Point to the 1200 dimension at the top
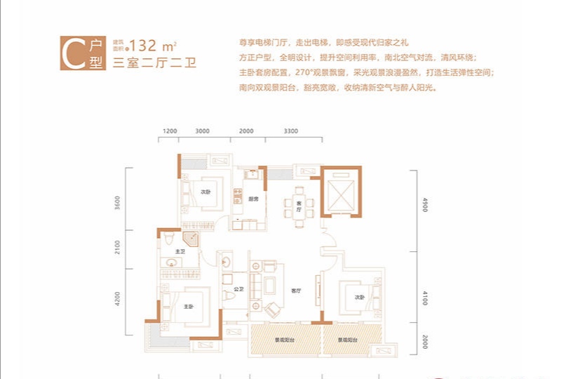(x=170, y=131)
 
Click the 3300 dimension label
(x=292, y=131)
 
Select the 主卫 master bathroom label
(x=180, y=252)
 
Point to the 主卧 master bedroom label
(x=189, y=306)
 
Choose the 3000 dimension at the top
(x=203, y=131)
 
